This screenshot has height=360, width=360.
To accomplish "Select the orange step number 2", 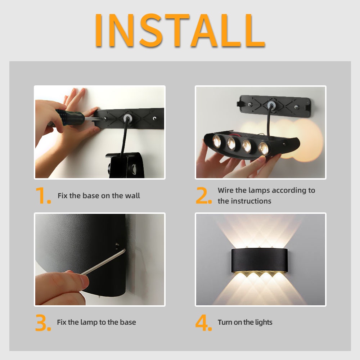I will (x=204, y=195).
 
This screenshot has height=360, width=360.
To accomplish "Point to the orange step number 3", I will (x=43, y=323).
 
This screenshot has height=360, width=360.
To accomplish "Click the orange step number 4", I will (x=204, y=323).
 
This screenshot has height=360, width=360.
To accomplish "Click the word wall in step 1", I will (x=132, y=196).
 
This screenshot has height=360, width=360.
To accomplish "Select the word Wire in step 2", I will (x=226, y=190).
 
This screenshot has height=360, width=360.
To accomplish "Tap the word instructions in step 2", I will (x=251, y=201).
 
